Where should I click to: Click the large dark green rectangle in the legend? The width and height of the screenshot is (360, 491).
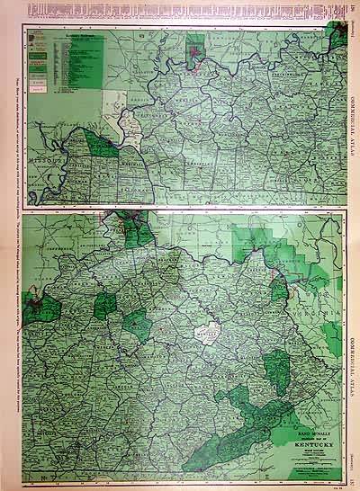point(40,53)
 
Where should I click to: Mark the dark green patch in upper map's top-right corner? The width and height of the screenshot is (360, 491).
point(338,37)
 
